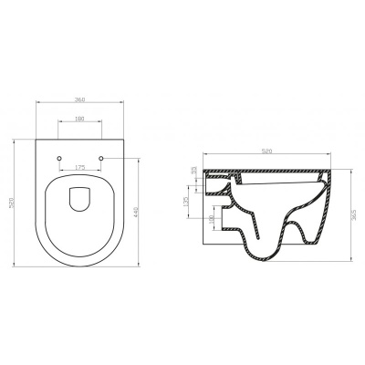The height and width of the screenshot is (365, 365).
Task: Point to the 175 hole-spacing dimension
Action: pyautogui.click(x=81, y=167)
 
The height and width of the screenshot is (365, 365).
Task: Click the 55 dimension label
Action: pyautogui.click(x=193, y=170)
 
